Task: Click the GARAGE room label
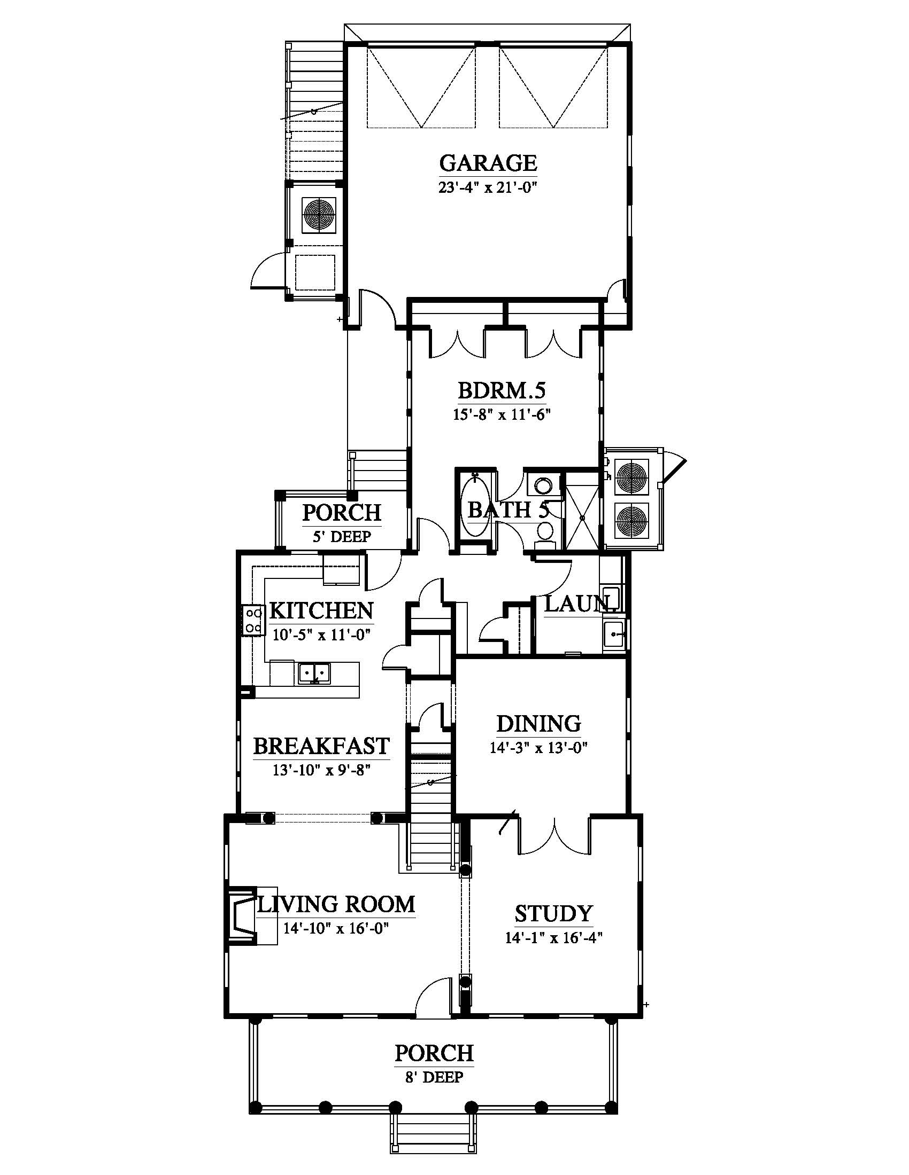pyautogui.click(x=488, y=162)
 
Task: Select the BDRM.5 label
pyautogui.click(x=502, y=390)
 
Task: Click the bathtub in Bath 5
pyautogui.click(x=475, y=505)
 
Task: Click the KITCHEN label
pyautogui.click(x=321, y=610)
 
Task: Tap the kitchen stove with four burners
pyautogui.click(x=253, y=620)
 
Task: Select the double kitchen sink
pyautogui.click(x=314, y=672)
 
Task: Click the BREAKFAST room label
pyautogui.click(x=321, y=746)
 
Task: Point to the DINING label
pyautogui.click(x=538, y=724)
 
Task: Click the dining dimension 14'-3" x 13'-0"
pyautogui.click(x=538, y=748)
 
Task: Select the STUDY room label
pyautogui.click(x=553, y=914)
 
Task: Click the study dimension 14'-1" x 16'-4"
pyautogui.click(x=553, y=938)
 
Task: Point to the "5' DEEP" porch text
pyautogui.click(x=342, y=536)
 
